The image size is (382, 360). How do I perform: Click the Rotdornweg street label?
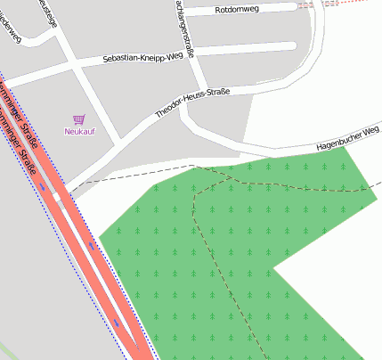(x=238, y=10)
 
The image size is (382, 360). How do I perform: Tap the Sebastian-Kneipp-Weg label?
(x=150, y=56)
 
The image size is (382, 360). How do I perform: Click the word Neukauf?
(x=79, y=132)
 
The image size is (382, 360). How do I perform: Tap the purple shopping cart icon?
(x=79, y=119)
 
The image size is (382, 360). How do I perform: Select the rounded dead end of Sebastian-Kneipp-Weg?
(x=291, y=45)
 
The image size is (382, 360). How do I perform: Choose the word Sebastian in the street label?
(x=121, y=60)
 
